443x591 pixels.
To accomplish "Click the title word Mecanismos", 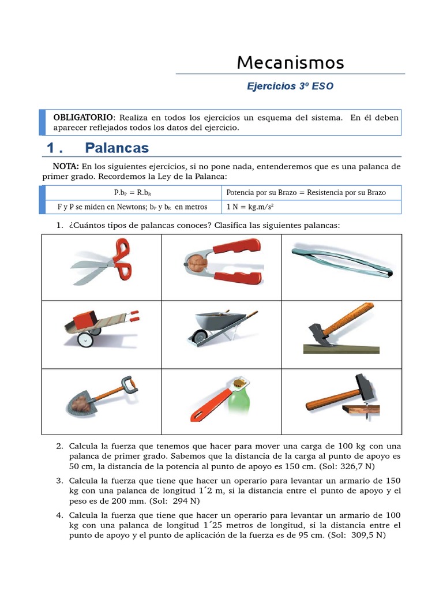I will (290, 62).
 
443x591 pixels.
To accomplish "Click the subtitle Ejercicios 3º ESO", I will (290, 87).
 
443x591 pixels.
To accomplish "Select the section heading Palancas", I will (117, 148).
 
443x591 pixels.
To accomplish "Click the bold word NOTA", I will (65, 166).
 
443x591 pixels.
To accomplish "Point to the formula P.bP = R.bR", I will (133, 193).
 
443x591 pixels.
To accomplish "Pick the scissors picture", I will (102, 266).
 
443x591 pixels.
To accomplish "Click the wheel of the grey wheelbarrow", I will (198, 335).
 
